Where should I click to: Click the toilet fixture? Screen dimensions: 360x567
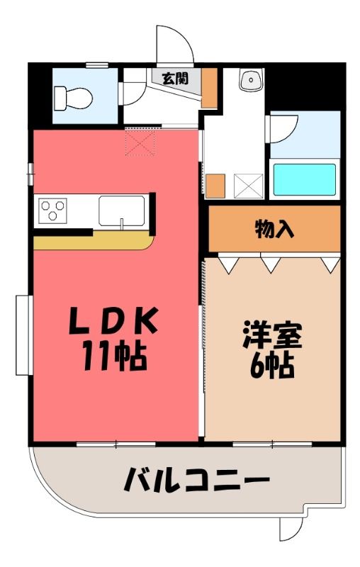74,98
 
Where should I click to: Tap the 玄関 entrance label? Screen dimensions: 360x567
175,78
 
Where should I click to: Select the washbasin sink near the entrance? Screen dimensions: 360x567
251,80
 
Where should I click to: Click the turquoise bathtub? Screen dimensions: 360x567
304,180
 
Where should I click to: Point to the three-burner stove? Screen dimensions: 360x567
53,210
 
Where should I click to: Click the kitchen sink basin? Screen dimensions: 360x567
122,211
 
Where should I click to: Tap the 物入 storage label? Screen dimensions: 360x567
274,229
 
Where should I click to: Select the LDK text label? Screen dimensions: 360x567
113,321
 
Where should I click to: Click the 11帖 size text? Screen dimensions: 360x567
114,356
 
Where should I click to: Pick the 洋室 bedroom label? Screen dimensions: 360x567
273,335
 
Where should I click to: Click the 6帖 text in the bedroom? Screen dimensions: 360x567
272,365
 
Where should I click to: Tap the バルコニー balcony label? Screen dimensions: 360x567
196,480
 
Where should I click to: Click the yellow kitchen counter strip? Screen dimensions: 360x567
94,240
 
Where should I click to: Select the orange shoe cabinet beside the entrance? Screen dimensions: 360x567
209,88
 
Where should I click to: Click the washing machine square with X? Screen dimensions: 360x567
248,186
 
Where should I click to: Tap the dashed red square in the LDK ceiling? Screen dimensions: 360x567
140,142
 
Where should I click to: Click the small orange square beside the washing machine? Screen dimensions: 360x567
215,186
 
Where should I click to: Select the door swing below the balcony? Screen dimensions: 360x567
291,529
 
